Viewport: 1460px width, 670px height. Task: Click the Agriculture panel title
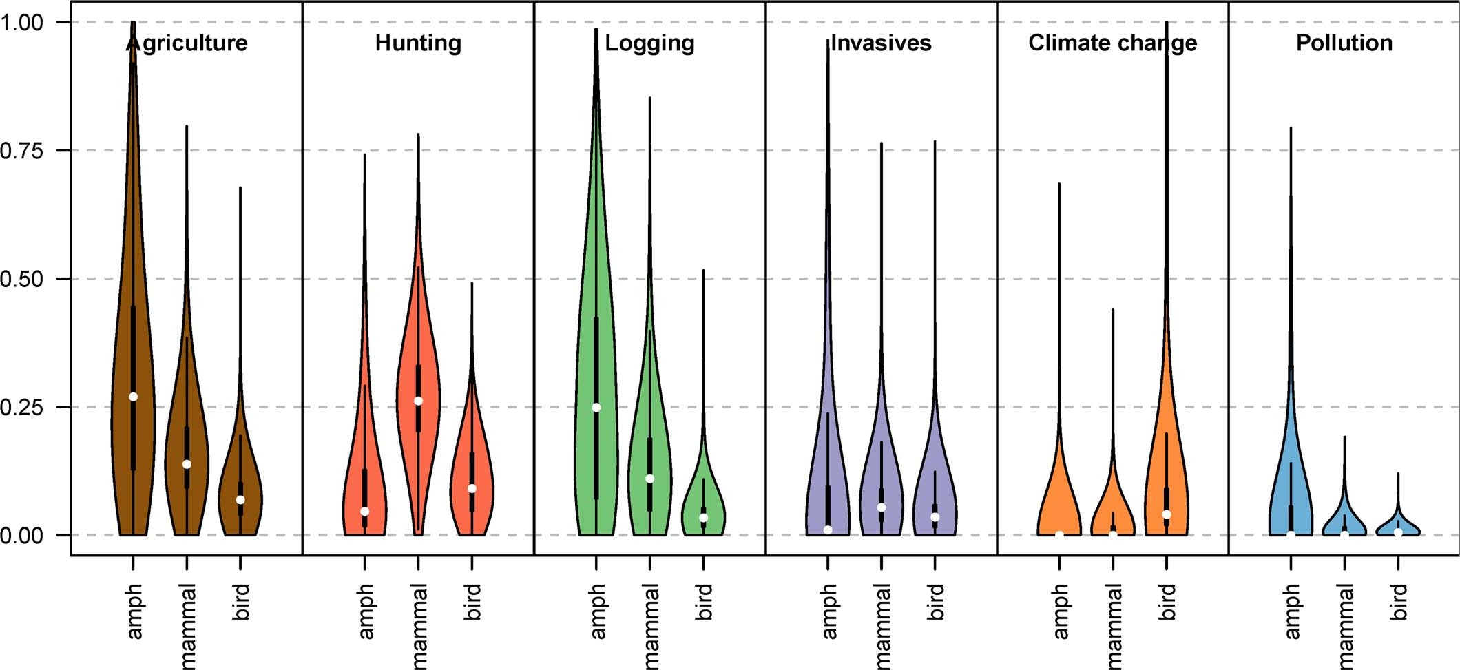(x=187, y=43)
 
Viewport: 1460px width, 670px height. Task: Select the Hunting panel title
(x=418, y=43)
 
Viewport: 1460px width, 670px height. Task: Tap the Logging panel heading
(x=649, y=43)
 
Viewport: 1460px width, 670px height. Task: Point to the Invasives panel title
(x=881, y=43)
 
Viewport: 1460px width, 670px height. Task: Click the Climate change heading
(x=1112, y=43)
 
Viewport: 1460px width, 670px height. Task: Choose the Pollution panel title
(x=1344, y=43)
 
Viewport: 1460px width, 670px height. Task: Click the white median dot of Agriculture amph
(x=133, y=397)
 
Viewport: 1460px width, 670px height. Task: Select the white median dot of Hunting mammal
(x=418, y=401)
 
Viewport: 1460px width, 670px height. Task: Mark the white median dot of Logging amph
(x=596, y=408)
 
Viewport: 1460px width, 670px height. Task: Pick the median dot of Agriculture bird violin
(x=240, y=500)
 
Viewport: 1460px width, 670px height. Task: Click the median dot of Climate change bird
(x=1167, y=514)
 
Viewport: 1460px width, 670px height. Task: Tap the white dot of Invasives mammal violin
(x=882, y=507)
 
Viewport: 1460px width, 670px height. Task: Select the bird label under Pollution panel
(x=1398, y=601)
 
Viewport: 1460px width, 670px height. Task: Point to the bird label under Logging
(x=703, y=601)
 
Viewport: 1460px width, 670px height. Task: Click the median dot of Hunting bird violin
(x=472, y=488)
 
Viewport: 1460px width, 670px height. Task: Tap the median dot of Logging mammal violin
(x=649, y=479)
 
